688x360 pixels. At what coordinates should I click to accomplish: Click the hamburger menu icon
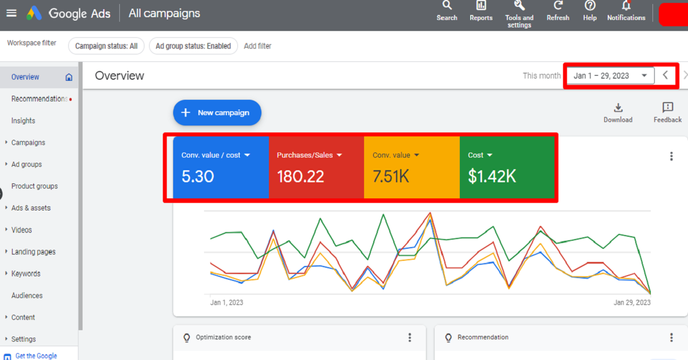(x=11, y=13)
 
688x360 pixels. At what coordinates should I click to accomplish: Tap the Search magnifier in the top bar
(x=447, y=6)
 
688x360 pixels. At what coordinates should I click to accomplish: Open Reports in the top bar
(x=481, y=6)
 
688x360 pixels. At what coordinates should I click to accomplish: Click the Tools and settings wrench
(x=519, y=6)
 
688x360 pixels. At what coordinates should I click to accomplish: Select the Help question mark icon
(x=590, y=6)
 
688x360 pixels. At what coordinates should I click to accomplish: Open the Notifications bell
(x=626, y=6)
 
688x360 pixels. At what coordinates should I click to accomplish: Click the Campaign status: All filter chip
(x=106, y=46)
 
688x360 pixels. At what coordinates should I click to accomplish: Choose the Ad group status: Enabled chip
(x=193, y=46)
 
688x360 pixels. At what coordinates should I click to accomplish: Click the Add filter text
(x=257, y=46)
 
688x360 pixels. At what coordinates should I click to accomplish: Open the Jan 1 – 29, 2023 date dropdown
(x=611, y=76)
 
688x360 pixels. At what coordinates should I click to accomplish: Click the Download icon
(x=618, y=108)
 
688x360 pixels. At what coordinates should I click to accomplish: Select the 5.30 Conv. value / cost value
(x=198, y=177)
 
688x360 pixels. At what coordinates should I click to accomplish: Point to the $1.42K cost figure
(x=492, y=177)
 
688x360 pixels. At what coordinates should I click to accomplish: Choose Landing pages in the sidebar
(x=33, y=252)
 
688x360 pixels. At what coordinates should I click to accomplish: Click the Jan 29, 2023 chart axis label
(x=632, y=303)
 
